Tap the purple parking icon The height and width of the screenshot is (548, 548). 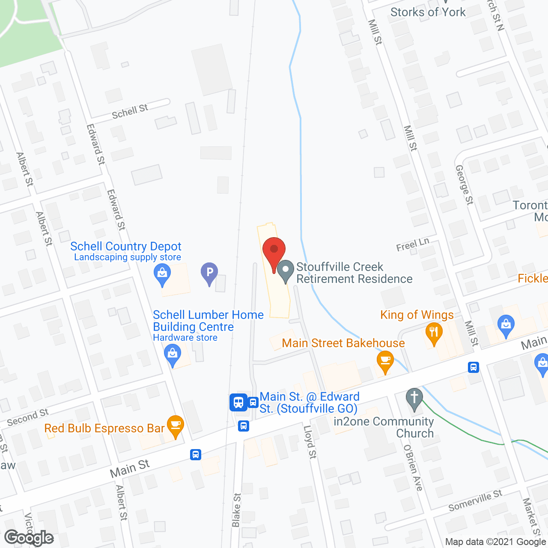click(x=209, y=273)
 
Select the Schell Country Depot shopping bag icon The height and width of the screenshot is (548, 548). click(x=162, y=273)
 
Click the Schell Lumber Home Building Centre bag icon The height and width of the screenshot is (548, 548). click(x=173, y=355)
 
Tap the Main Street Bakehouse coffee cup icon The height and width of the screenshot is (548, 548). click(x=385, y=361)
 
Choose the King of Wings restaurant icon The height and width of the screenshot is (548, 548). click(x=434, y=333)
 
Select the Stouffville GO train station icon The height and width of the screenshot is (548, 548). click(x=238, y=402)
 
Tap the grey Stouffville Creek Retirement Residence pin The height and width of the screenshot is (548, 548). click(x=285, y=271)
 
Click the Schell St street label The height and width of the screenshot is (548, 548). click(x=130, y=111)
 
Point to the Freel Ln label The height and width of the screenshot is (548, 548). click(x=412, y=244)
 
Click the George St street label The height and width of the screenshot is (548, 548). click(x=465, y=185)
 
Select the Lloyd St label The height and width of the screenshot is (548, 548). click(x=310, y=442)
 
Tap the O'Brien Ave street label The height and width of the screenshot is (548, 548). click(x=413, y=468)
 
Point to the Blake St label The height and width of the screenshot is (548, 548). click(x=236, y=510)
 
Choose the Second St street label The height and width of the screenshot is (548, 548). click(x=28, y=417)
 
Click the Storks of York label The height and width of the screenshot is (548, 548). click(x=428, y=12)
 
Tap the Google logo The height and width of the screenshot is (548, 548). click(x=29, y=538)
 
